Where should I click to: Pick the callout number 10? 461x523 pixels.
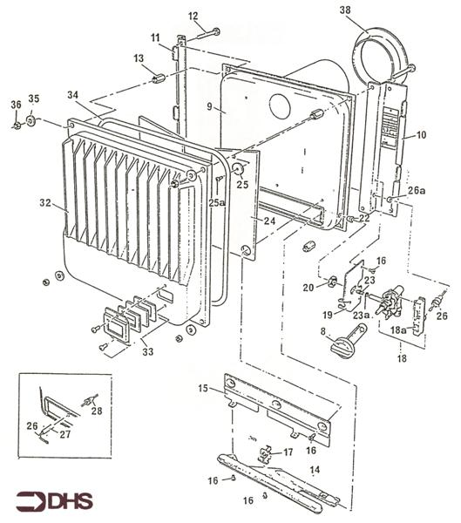[421, 135]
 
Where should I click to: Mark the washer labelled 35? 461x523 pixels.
[31, 120]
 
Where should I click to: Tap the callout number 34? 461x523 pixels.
[73, 94]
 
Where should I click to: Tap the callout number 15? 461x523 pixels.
[203, 388]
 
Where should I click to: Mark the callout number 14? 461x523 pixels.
[315, 470]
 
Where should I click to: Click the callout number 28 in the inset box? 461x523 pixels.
[97, 410]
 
